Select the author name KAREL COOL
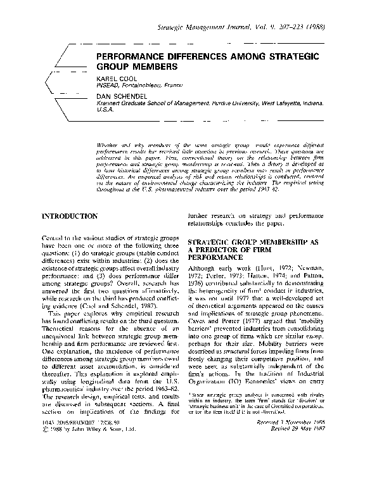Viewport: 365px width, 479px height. (115, 78)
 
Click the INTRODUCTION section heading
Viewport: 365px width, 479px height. (70, 216)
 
